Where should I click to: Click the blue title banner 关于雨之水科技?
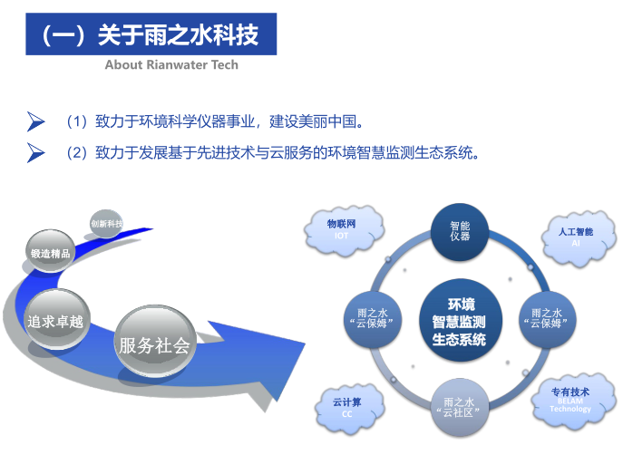(151, 34)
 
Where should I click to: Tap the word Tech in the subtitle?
(225, 64)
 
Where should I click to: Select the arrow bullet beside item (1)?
(36, 121)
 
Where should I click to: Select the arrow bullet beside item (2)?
(36, 153)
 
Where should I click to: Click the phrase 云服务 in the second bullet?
(291, 153)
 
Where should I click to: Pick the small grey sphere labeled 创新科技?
(106, 223)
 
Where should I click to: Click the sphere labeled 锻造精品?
(51, 251)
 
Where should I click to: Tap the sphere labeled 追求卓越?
(56, 319)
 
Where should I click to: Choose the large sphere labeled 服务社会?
(154, 343)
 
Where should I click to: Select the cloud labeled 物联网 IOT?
(343, 230)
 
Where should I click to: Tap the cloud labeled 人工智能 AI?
(578, 238)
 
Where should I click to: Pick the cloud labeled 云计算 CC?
(349, 408)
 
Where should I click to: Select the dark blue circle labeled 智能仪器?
(460, 231)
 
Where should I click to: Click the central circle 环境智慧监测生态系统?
(460, 321)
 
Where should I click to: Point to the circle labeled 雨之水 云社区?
(460, 407)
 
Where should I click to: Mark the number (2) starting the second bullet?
(77, 153)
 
